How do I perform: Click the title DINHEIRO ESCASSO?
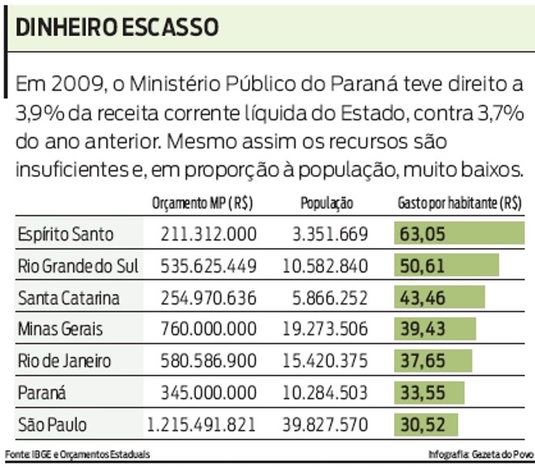(117, 27)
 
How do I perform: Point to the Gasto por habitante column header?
(459, 204)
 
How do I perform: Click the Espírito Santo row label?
(66, 235)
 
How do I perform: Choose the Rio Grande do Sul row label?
(78, 266)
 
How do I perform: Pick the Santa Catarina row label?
(69, 298)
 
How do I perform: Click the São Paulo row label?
(52, 424)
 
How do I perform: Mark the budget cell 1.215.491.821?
(201, 424)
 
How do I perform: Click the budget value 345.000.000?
(209, 392)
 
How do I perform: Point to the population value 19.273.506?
(325, 329)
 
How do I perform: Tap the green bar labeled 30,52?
(426, 424)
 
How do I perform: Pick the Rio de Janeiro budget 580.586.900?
(209, 361)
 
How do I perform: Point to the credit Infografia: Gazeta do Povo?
(476, 453)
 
